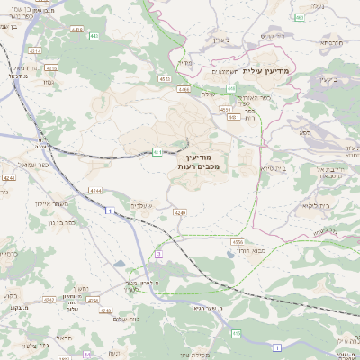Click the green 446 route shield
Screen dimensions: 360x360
click(x=231, y=88)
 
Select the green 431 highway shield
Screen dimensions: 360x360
click(x=157, y=152)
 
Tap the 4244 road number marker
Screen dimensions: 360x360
click(x=95, y=191)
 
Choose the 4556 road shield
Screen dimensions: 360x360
click(x=238, y=242)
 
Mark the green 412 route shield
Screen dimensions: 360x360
click(x=237, y=334)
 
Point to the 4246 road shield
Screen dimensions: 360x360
click(x=180, y=213)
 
